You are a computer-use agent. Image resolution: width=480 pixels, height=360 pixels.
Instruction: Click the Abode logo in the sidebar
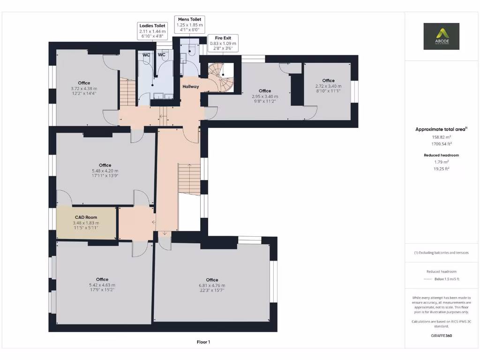coord(441,36)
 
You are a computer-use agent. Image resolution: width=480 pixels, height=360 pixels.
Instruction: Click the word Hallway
coord(191,86)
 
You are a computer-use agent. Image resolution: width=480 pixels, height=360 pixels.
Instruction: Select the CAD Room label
coord(86,217)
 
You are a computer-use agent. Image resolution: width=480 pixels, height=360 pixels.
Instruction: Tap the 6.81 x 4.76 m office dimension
coord(212,285)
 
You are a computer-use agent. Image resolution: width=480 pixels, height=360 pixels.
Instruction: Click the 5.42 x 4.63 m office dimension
coord(102,285)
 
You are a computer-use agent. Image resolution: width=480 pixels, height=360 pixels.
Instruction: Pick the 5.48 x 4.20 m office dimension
coord(105,171)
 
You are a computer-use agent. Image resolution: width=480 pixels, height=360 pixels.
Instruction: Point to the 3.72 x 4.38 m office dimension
coord(84,89)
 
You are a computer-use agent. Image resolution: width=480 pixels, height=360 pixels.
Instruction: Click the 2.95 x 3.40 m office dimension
coord(265,96)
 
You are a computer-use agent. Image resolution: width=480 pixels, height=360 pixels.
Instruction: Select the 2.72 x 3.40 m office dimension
coord(328,86)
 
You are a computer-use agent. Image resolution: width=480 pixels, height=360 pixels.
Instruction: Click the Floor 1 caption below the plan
coord(203,342)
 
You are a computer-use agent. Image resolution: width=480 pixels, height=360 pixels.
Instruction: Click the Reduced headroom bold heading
coord(441,155)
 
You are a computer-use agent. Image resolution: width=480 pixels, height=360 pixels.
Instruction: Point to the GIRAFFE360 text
coord(441,336)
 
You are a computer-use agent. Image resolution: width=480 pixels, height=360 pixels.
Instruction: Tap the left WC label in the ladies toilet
coord(147,55)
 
